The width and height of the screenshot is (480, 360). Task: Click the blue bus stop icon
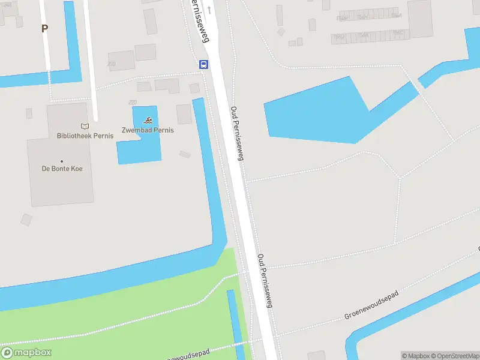point(204,64)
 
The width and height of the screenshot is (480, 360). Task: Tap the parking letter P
point(44,28)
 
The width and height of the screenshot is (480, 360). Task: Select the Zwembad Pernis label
point(148,130)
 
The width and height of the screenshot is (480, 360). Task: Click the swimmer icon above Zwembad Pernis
point(148,120)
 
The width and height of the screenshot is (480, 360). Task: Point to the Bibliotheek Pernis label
point(85,136)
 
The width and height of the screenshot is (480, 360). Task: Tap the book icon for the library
point(85,126)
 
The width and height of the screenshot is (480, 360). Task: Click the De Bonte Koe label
point(62,169)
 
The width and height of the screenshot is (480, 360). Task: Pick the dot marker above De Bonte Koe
point(62,161)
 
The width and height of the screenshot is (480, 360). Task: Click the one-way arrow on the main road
point(209,10)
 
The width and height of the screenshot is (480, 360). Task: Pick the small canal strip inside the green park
point(235,324)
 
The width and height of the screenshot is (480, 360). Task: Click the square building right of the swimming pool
point(184,114)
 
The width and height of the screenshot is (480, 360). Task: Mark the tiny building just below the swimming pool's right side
point(185,154)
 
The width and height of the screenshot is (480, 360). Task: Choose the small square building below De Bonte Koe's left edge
point(26,220)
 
